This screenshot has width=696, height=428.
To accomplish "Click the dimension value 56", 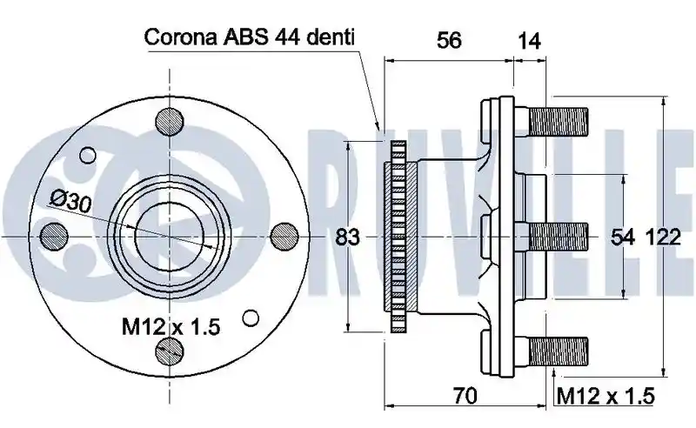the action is (449, 40).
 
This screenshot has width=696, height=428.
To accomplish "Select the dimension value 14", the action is (529, 41).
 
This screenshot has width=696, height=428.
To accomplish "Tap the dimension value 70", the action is (465, 396).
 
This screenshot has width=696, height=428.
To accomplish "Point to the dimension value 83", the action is (347, 237).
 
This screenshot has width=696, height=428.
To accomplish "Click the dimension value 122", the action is (662, 237).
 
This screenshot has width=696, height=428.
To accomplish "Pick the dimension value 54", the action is (623, 237).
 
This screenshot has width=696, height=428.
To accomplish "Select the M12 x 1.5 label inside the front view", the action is (171, 327).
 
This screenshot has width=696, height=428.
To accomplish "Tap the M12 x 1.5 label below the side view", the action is (606, 396).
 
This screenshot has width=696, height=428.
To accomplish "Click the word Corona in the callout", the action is (181, 37).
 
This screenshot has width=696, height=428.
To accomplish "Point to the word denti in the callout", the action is (330, 37).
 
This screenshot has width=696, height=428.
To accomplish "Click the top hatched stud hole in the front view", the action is (170, 121).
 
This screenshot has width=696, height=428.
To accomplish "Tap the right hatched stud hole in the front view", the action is (284, 237).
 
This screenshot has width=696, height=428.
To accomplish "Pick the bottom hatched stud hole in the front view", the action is (170, 351).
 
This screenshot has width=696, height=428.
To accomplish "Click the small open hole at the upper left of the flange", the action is (88, 156).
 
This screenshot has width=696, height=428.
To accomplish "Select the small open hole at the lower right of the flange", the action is (251, 318).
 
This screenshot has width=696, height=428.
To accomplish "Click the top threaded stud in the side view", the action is (559, 122).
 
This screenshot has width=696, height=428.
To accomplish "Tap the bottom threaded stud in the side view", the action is (559, 351).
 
